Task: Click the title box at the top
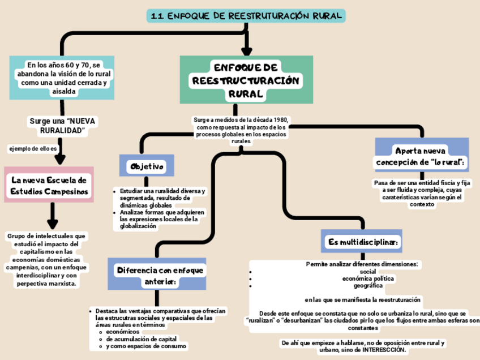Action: [246, 16]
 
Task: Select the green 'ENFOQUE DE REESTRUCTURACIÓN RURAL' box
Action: [246, 80]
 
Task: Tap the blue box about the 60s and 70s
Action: [63, 78]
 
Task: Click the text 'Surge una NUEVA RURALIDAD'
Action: [63, 126]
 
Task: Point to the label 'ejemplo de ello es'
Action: [33, 148]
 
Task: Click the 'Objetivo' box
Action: [147, 166]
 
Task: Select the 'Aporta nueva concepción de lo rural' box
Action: [422, 156]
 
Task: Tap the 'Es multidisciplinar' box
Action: [362, 242]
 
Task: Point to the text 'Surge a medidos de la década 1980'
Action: [241, 120]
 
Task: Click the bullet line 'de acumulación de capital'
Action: [138, 338]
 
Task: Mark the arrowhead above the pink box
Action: [62, 158]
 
